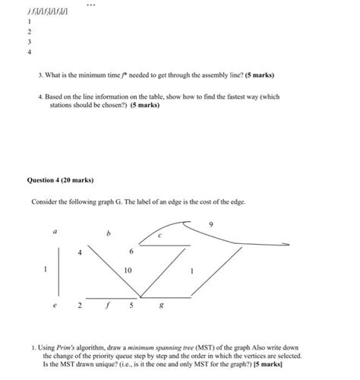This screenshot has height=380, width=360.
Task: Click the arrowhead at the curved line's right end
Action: pos(287,245)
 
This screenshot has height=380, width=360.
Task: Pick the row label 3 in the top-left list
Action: pos(30,43)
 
